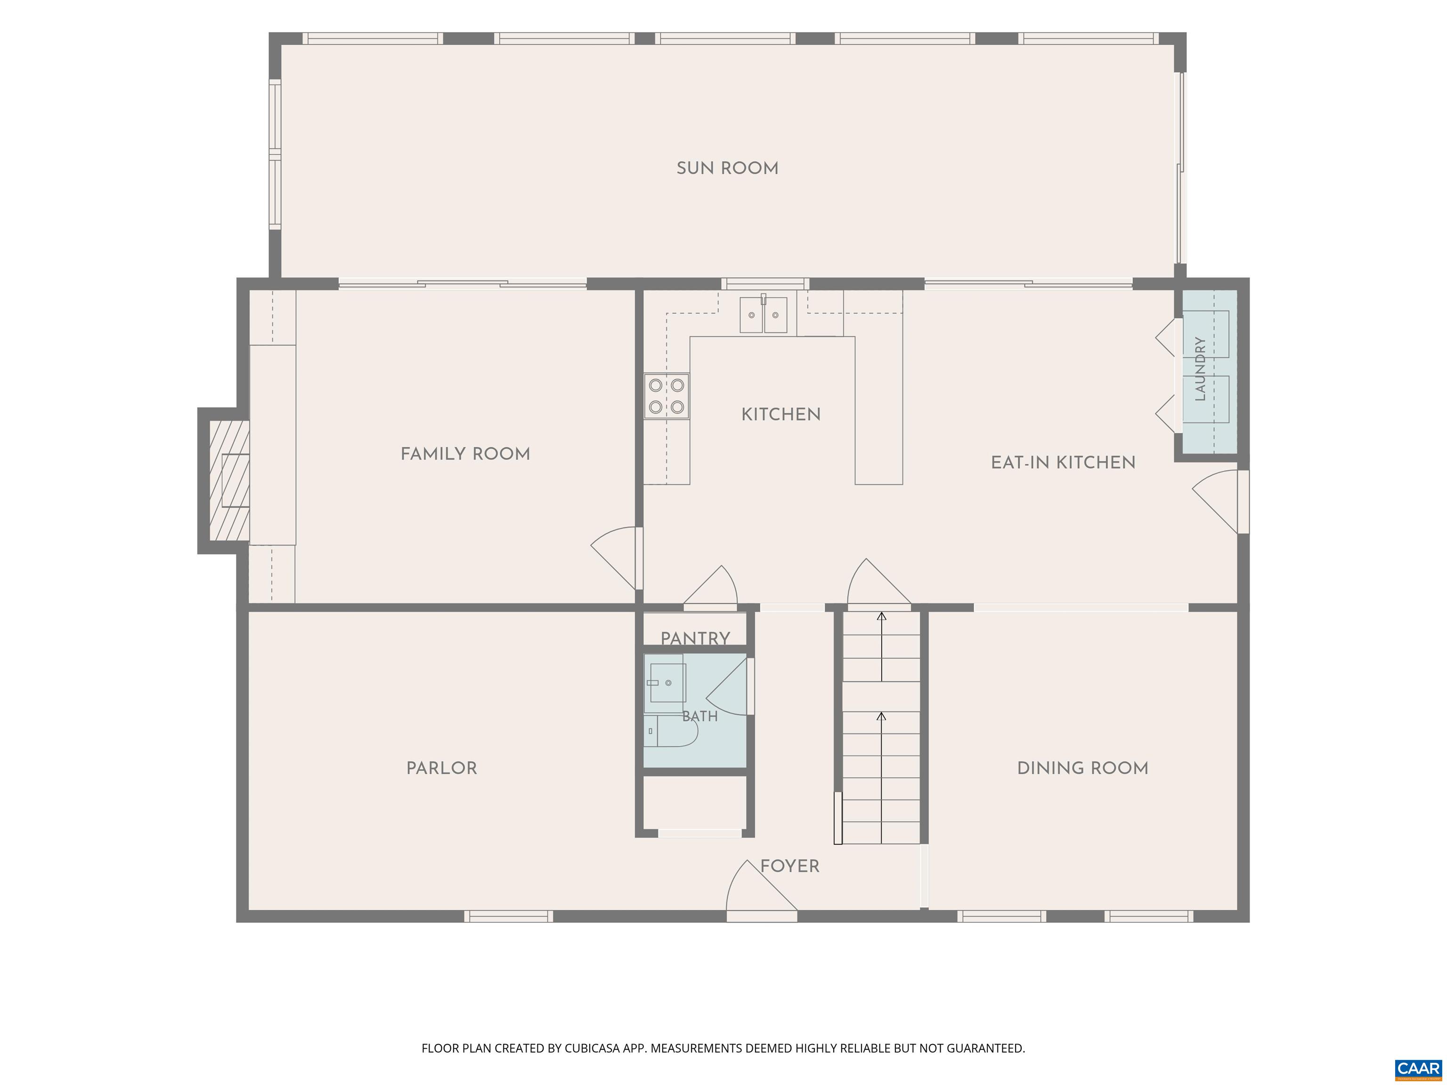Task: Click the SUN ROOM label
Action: point(727,168)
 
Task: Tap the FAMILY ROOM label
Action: point(465,454)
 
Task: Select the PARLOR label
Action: point(441,768)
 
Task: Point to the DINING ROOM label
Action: point(1082,768)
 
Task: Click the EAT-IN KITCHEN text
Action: point(1063,462)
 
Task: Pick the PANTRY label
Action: point(695,638)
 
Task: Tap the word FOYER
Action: point(789,866)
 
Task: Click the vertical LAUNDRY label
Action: point(1200,369)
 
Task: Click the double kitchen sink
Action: point(764,315)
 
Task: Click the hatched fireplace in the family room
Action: point(229,481)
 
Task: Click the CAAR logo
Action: point(1418,1069)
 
